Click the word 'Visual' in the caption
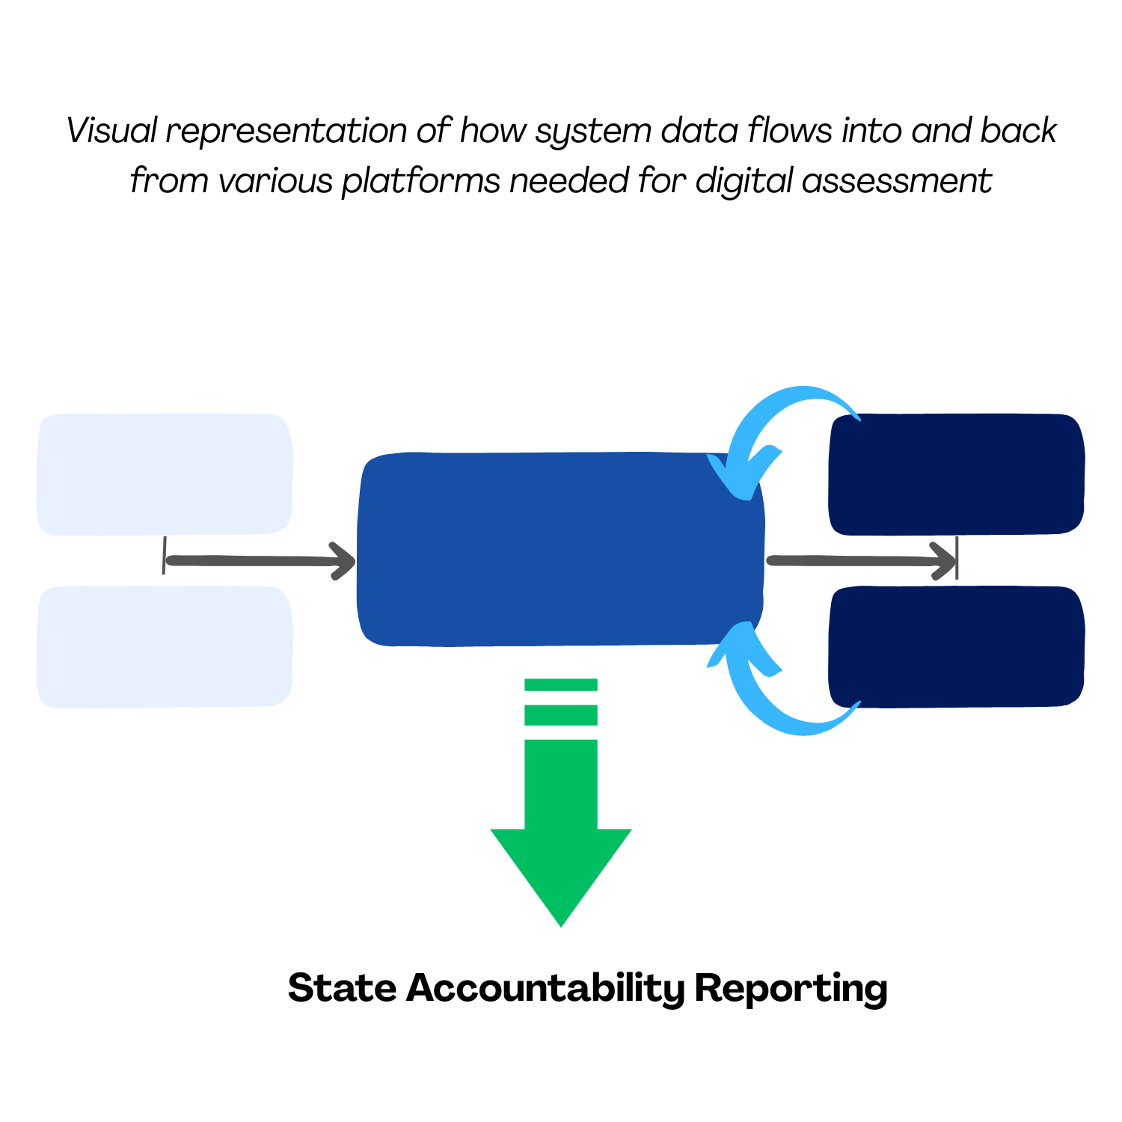[x=111, y=131]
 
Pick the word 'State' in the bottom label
[x=342, y=988]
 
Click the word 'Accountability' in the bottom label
[x=545, y=989]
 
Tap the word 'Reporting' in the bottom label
[x=791, y=989]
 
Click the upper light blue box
[x=165, y=474]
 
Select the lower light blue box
[x=165, y=647]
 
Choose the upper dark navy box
[x=957, y=474]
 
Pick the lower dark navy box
[x=957, y=647]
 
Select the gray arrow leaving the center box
[x=860, y=561]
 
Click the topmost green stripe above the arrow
[x=561, y=684]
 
